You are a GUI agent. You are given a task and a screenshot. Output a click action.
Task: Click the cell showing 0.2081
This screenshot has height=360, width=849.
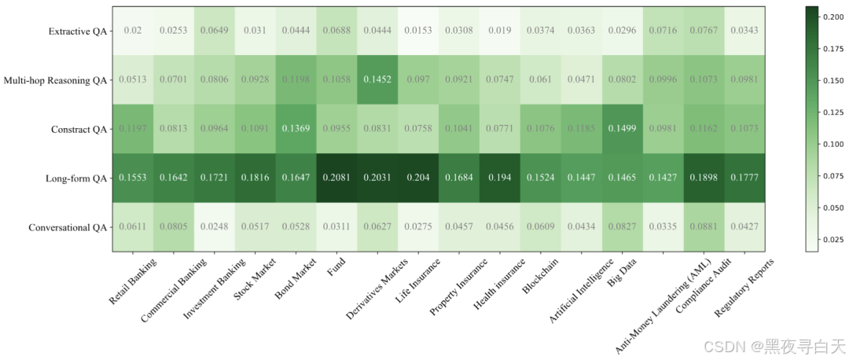[x=336, y=178]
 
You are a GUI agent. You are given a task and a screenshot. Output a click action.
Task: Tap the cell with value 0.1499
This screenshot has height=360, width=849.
[x=622, y=129]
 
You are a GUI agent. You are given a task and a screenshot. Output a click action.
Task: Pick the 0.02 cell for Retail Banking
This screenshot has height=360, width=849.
[x=132, y=31]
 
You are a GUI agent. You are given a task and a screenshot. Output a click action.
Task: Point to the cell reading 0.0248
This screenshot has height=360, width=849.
[x=214, y=227]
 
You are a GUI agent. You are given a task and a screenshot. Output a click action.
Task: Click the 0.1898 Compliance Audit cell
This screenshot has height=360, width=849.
[x=704, y=178]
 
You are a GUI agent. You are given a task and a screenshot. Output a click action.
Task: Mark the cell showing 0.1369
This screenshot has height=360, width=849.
[x=296, y=129]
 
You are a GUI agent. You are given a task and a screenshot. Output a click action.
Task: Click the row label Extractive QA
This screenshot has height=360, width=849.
[x=77, y=31]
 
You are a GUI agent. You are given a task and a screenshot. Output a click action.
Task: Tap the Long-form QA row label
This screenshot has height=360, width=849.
[x=75, y=178]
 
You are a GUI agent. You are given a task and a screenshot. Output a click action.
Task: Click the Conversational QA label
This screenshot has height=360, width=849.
[x=68, y=228]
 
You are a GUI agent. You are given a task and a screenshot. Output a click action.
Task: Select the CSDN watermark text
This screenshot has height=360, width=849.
[x=774, y=346]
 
